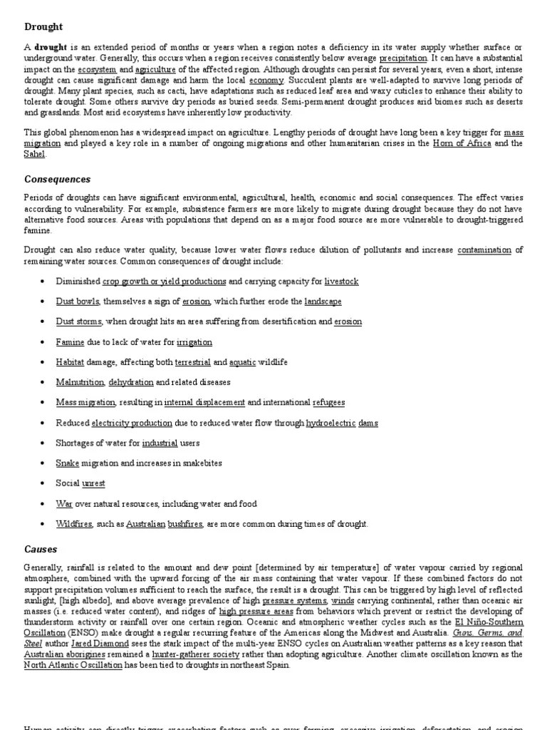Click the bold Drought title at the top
point(43,27)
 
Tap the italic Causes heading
point(41,550)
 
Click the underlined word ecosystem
point(97,70)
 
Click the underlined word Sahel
point(34,153)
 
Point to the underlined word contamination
point(484,250)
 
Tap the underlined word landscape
point(323,302)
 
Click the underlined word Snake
point(67,463)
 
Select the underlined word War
point(64,504)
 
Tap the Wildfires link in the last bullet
point(74,524)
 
